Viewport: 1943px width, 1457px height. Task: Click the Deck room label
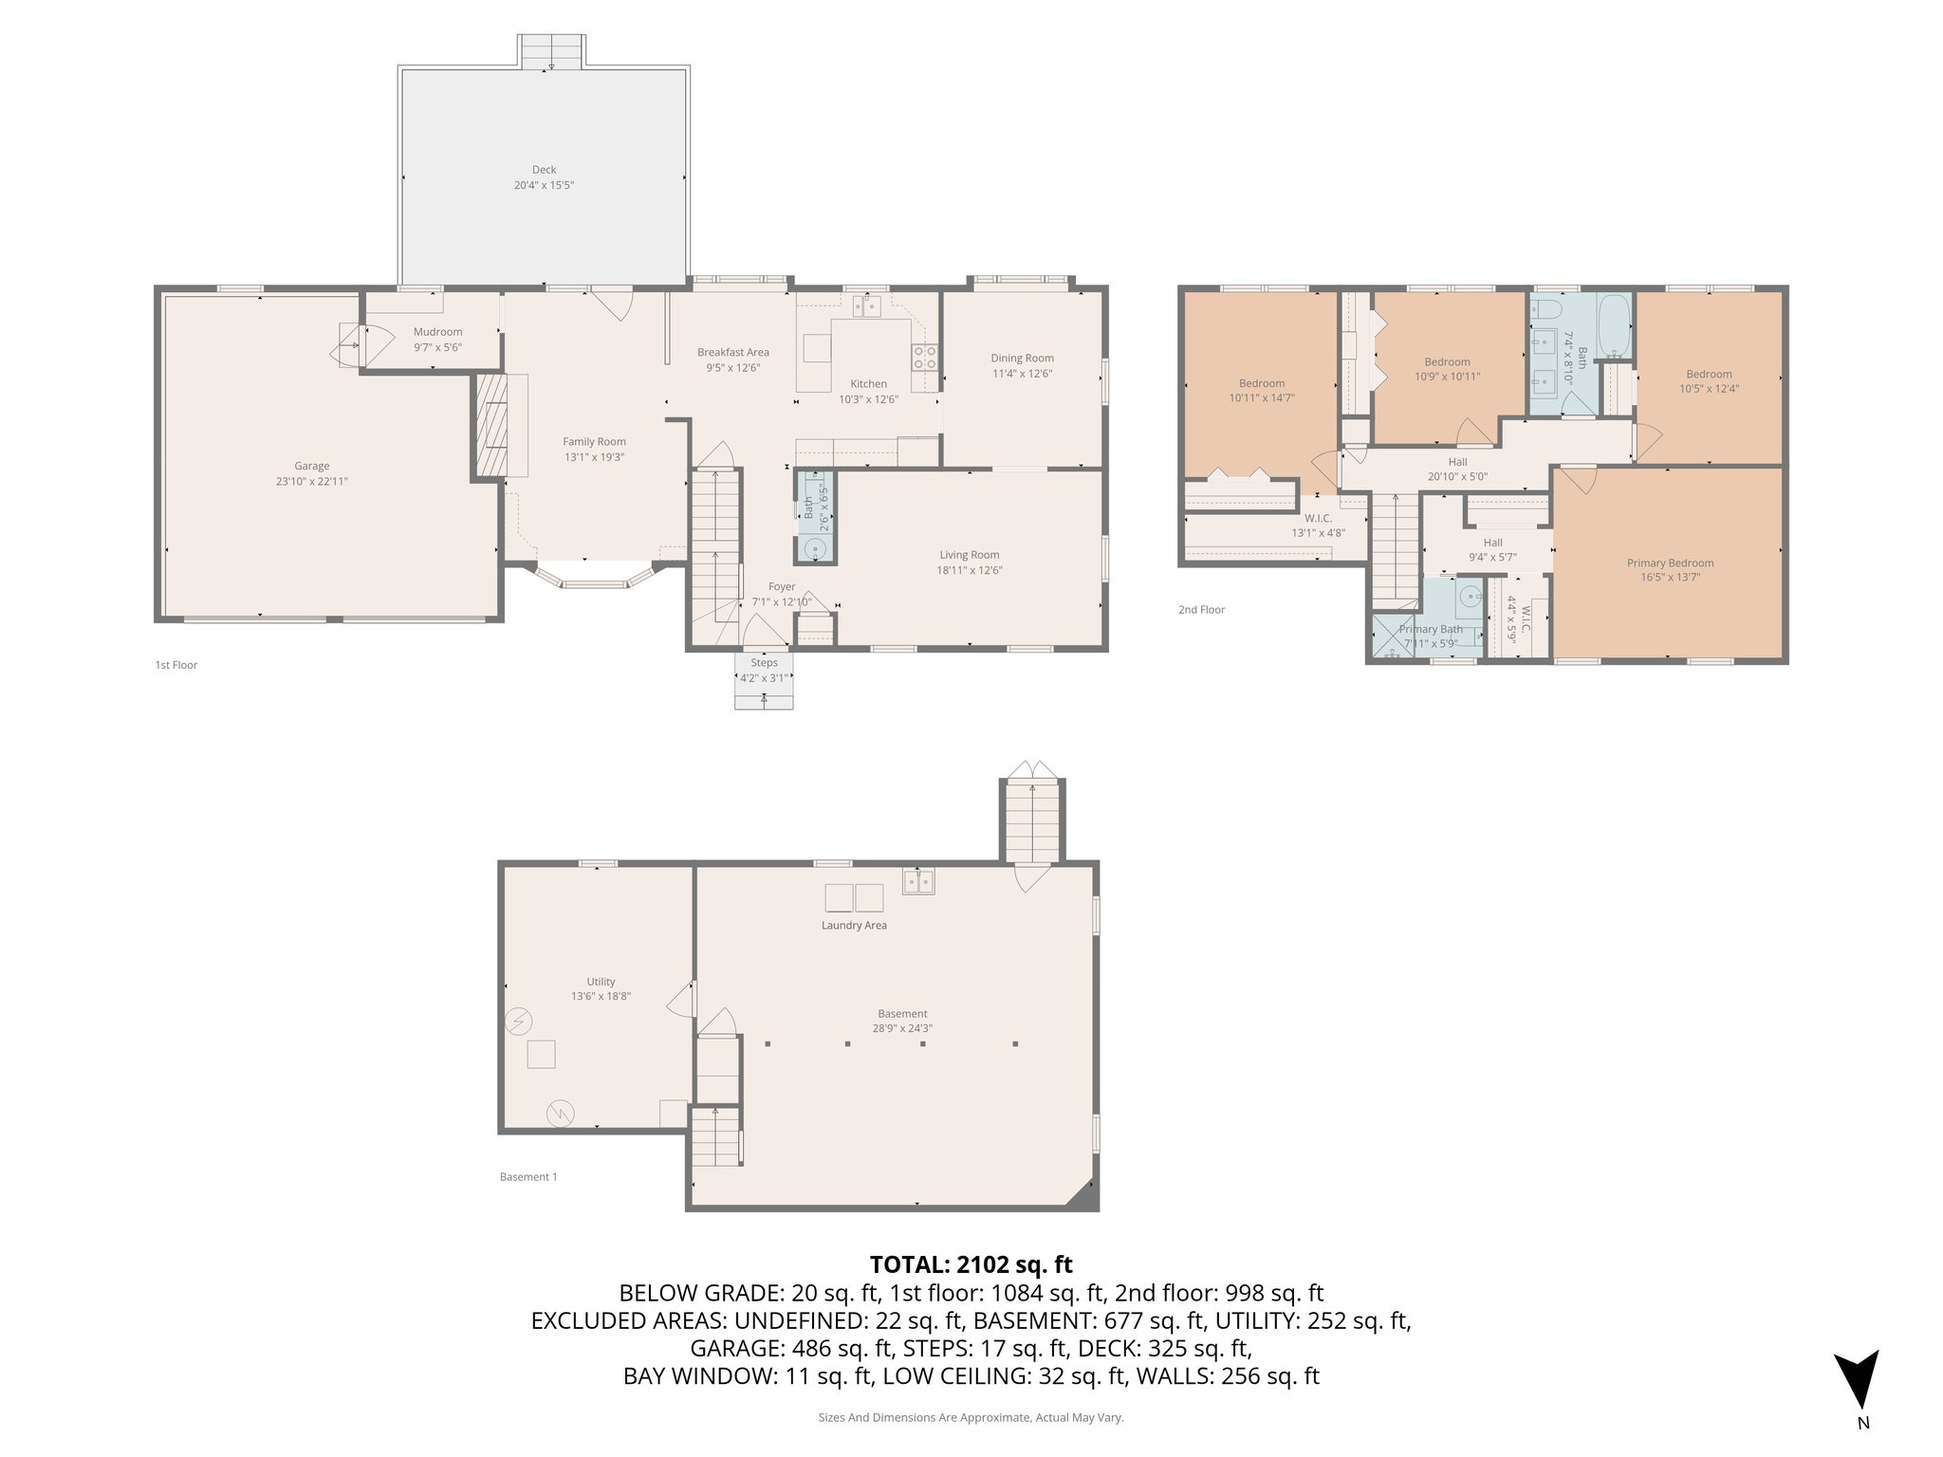click(x=544, y=170)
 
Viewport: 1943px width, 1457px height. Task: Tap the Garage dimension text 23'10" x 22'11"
click(x=311, y=481)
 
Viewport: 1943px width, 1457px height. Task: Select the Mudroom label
click(x=437, y=332)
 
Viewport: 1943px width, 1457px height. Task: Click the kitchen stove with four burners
click(x=925, y=357)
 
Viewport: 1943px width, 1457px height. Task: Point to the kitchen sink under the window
click(x=867, y=305)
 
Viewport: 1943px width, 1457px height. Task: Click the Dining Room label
click(x=1022, y=358)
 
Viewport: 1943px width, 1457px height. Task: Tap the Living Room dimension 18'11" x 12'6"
click(x=970, y=570)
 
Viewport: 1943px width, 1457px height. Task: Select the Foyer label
click(x=781, y=586)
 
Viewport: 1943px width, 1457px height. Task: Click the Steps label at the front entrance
click(x=764, y=662)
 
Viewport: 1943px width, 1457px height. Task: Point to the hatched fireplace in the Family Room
click(x=491, y=424)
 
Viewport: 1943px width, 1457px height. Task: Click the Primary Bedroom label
click(x=1670, y=563)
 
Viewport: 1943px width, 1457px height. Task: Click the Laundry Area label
click(x=854, y=925)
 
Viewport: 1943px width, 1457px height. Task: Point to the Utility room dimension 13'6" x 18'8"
click(x=601, y=997)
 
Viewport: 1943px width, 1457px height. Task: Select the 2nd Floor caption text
click(x=1201, y=610)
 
